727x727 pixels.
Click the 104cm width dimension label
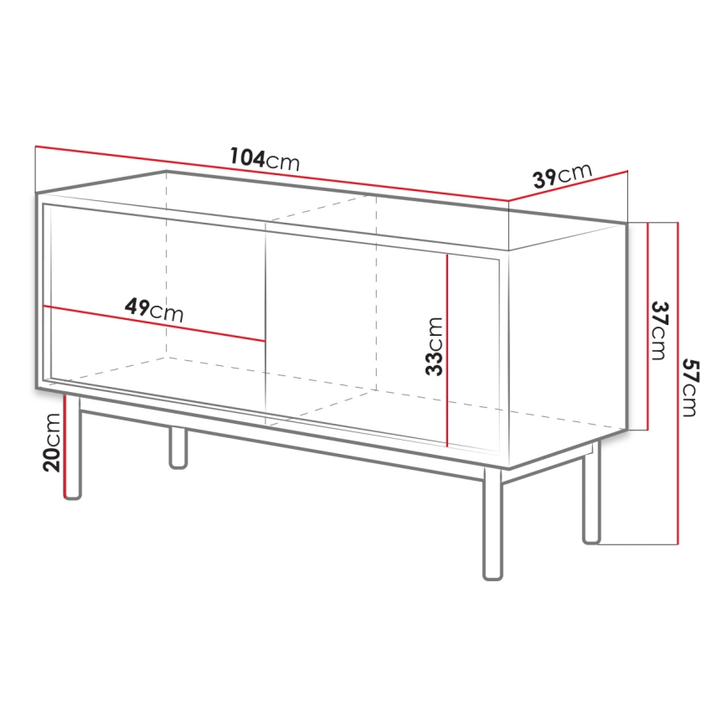[265, 158]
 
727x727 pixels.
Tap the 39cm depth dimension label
[562, 176]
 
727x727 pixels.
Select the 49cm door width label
[154, 310]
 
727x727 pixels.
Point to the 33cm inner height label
[434, 346]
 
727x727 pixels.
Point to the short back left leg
[178, 447]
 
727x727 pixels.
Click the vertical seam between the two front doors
[266, 327]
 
